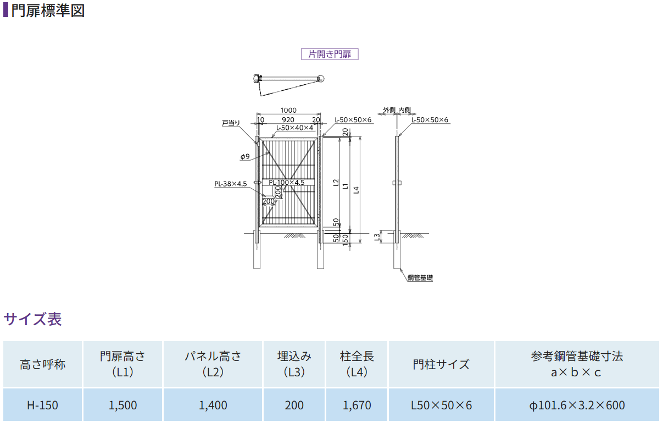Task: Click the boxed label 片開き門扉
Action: (330, 54)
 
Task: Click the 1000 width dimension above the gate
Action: (288, 111)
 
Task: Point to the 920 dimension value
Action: (288, 120)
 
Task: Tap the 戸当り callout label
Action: (231, 123)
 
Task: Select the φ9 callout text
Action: (245, 157)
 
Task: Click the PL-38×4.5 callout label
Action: (231, 184)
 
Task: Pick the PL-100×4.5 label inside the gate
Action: (287, 182)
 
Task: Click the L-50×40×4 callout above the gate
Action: (294, 128)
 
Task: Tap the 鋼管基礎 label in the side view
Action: (420, 278)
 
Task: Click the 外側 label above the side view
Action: (389, 110)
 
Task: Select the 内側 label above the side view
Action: (404, 110)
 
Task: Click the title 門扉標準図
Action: (48, 10)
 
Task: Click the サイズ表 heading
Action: (33, 319)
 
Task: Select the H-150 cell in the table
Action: (42, 405)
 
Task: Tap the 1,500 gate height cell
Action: (123, 405)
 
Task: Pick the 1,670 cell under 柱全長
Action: (356, 405)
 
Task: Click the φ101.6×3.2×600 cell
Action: (577, 405)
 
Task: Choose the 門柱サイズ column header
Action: (441, 364)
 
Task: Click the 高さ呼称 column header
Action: (42, 364)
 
